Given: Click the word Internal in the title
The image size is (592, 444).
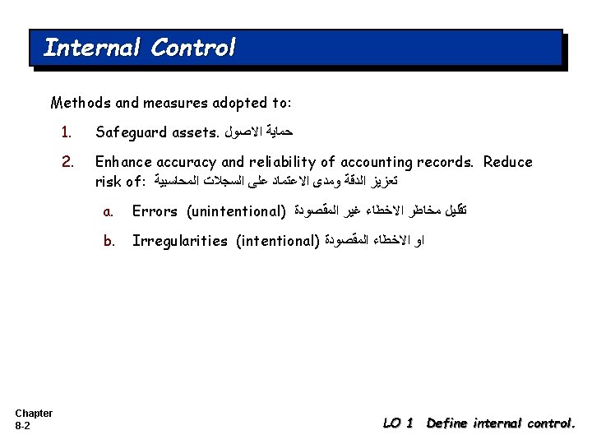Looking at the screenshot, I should [x=91, y=48].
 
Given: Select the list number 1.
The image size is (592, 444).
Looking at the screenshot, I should [x=66, y=132].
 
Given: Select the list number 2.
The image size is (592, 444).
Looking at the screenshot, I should [x=67, y=162].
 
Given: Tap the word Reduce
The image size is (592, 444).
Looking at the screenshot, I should [x=507, y=162].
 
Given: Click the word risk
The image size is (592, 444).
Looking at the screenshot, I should [x=109, y=181].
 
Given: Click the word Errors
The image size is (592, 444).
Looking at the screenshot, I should [x=155, y=211].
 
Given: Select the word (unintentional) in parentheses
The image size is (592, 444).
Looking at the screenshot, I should [x=236, y=211].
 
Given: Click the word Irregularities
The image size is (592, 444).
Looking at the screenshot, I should [x=179, y=241].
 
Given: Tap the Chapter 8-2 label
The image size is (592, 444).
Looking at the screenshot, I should [x=33, y=419].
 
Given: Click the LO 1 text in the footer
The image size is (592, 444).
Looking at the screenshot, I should [x=398, y=423].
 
